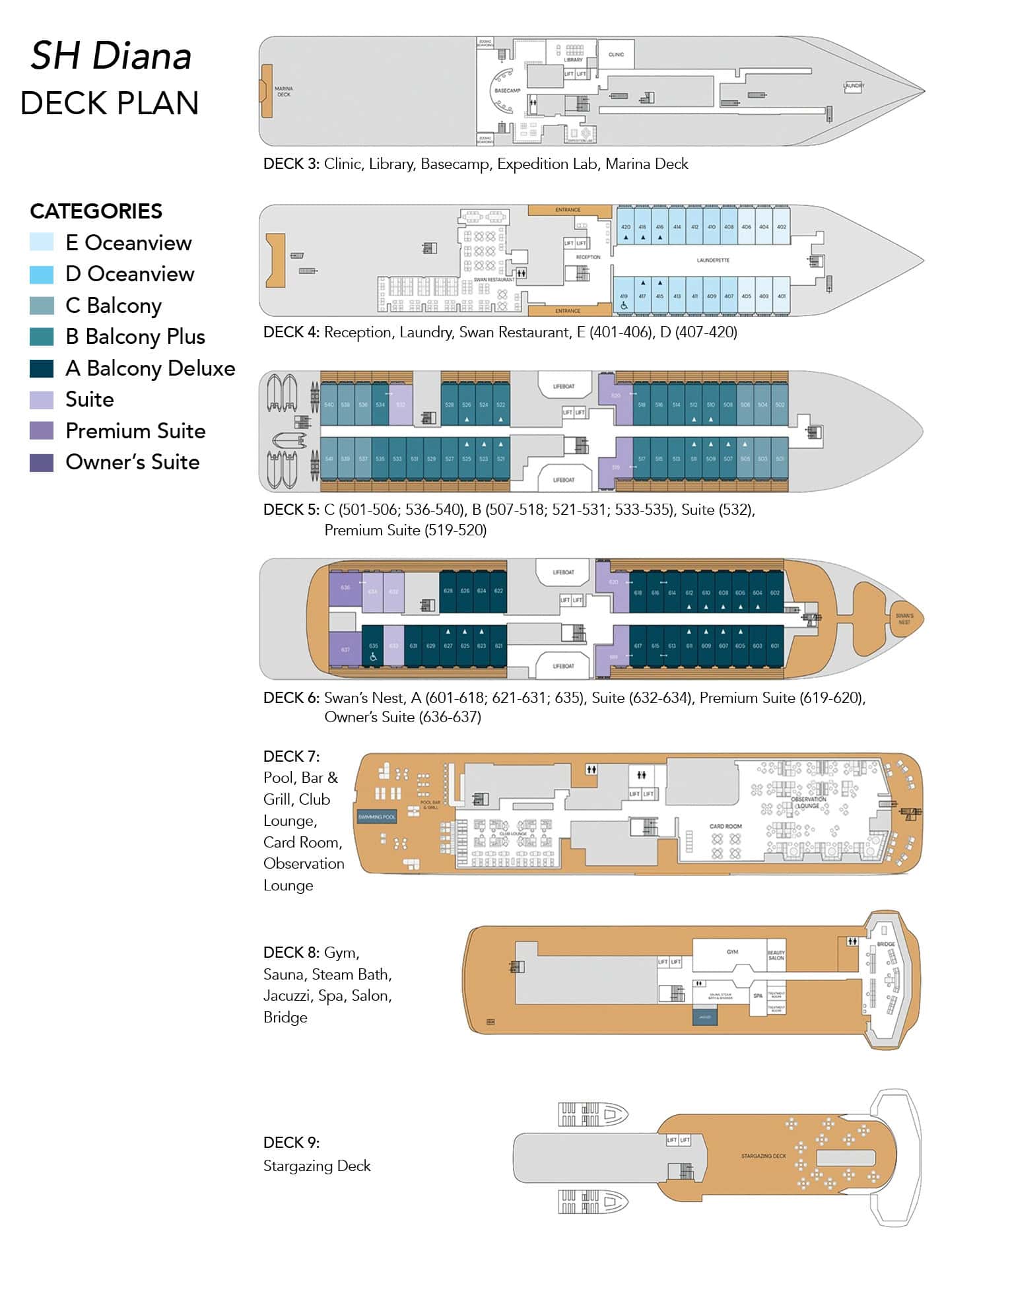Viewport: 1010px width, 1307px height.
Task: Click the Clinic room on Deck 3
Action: point(616,54)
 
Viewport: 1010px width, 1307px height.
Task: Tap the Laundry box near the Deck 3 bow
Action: point(853,86)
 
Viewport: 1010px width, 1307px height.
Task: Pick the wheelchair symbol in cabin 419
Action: point(624,306)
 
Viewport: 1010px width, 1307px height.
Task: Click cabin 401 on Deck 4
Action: point(782,296)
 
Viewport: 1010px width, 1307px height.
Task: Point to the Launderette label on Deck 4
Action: point(713,260)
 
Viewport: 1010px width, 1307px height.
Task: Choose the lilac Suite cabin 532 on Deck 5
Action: point(401,405)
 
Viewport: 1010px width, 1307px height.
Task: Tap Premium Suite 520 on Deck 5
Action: point(615,396)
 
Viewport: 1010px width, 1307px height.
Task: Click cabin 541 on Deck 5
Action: point(329,459)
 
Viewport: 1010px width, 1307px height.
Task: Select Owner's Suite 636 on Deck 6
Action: point(345,587)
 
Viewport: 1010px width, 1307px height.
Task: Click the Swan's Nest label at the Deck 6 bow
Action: point(904,619)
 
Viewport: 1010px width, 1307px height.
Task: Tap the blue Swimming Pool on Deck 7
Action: point(376,817)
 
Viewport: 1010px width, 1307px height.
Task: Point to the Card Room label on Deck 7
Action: point(725,826)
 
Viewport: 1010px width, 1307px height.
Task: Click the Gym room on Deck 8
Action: point(732,953)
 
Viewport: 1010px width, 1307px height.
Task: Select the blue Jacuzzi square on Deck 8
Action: point(704,1017)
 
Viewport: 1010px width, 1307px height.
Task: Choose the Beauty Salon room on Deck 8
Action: point(776,955)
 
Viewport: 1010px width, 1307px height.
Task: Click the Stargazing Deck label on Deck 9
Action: point(763,1156)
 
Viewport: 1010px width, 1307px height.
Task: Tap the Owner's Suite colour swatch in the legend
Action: point(42,462)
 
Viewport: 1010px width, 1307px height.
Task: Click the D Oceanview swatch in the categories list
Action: point(42,274)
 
